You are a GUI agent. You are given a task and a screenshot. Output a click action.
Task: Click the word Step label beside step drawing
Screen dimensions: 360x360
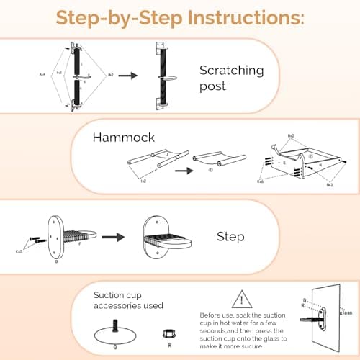231,235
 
